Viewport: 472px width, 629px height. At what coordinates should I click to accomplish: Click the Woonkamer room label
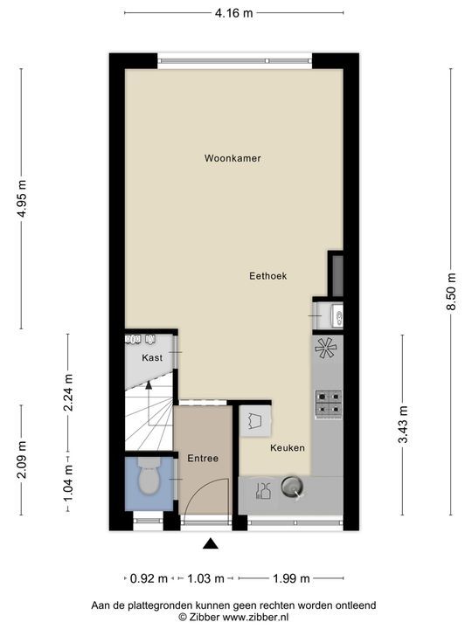pos(233,158)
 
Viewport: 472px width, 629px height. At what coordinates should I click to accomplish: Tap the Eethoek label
pos(267,275)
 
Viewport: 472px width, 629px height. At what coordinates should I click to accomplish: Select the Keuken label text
pos(287,447)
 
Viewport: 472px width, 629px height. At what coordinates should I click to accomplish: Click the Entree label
pos(202,458)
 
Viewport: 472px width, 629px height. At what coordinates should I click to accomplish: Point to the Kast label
pos(152,358)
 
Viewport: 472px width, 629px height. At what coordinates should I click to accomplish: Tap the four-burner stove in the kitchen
pos(329,402)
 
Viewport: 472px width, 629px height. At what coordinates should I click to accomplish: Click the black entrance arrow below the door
pos(210,544)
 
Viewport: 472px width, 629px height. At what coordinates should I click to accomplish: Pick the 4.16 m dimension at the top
pos(234,13)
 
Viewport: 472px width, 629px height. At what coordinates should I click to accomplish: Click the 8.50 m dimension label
pos(452,288)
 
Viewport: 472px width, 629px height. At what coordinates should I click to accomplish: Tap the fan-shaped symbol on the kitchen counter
pos(326,349)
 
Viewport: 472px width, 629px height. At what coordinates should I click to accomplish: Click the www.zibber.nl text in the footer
pos(259,616)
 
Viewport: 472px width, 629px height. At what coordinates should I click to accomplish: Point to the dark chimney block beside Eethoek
pos(336,274)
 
